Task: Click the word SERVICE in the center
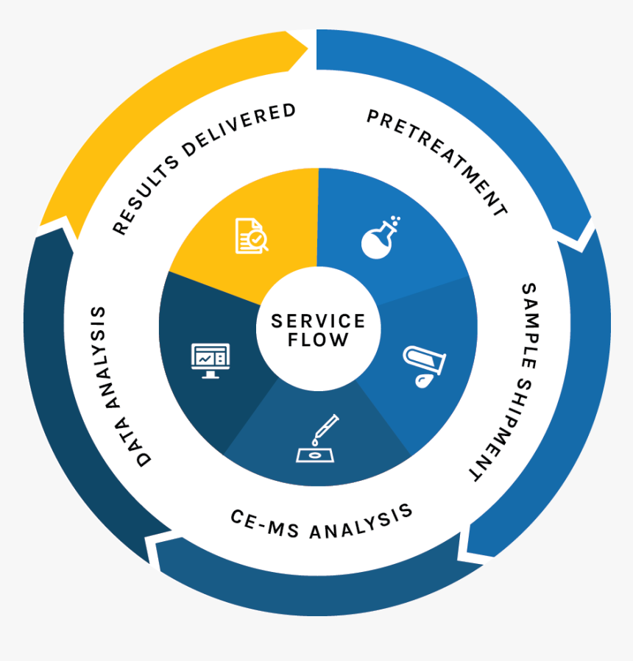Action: [x=318, y=321]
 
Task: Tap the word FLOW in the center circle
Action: [x=318, y=340]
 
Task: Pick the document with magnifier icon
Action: [x=251, y=235]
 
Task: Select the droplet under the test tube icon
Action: [x=421, y=380]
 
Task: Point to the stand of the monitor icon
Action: [x=211, y=374]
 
